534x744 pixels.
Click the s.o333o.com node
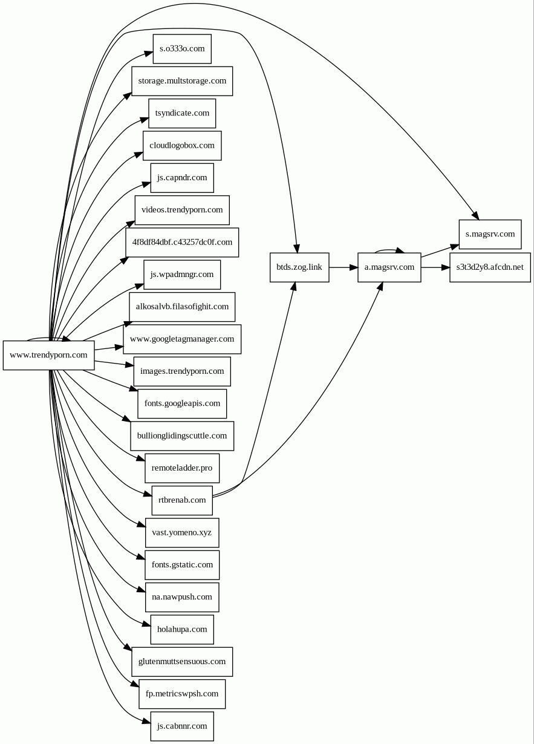coord(182,48)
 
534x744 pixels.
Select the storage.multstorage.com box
coord(182,80)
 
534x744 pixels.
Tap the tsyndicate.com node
coord(182,113)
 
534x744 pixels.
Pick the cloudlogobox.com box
coord(182,145)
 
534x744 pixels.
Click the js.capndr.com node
coord(182,178)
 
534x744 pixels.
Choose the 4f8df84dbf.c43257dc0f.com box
coord(182,242)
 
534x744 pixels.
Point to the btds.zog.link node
coord(299,267)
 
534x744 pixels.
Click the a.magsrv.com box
coord(389,267)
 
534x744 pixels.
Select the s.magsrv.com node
coord(490,234)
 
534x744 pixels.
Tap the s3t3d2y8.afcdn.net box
coord(490,267)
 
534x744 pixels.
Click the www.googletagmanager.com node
coord(182,339)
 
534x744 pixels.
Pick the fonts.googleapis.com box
coord(182,403)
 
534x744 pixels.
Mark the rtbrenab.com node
coord(182,500)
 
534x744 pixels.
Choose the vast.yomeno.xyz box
coord(182,532)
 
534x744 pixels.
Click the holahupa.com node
coord(182,629)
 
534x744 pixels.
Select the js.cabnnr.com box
coord(182,726)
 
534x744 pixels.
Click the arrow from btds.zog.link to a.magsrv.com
coord(344,267)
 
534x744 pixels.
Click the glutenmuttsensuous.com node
coord(182,661)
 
